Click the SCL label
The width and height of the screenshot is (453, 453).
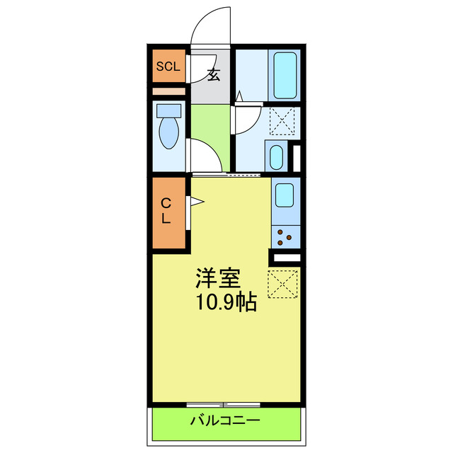[x=168, y=67]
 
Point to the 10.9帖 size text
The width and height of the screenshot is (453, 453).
[x=225, y=303]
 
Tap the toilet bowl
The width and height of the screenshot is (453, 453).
[x=169, y=133]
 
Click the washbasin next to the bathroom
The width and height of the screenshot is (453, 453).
[x=275, y=157]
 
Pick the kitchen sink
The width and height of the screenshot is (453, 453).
[x=285, y=195]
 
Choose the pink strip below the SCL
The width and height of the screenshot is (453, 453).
[x=168, y=91]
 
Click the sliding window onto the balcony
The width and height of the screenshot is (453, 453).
[x=224, y=404]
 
